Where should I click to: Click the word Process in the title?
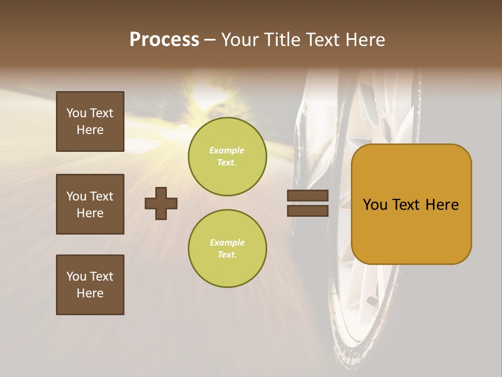164,40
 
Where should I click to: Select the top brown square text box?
90,121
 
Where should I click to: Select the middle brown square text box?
90,204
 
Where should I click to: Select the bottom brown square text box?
90,285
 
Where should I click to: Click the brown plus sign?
161,203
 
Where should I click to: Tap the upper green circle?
227,157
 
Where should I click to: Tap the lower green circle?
227,249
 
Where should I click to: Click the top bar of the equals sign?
307,196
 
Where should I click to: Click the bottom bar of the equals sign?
307,210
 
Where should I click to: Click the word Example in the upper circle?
226,150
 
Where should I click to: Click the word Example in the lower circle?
227,242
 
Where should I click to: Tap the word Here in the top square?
90,130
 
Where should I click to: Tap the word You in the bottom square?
76,276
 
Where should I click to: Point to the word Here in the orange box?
442,205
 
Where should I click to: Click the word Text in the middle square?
101,196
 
